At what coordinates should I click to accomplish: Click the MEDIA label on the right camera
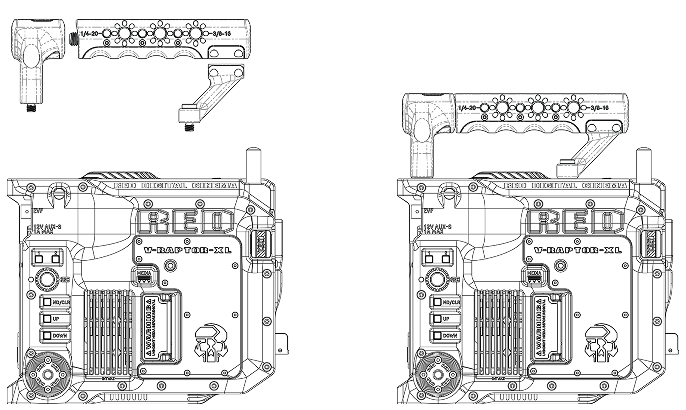click(534, 273)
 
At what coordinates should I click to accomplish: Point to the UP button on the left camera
click(48, 319)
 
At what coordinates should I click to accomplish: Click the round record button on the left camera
click(47, 280)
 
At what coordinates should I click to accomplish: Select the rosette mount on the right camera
click(438, 374)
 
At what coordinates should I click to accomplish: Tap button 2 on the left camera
click(56, 259)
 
